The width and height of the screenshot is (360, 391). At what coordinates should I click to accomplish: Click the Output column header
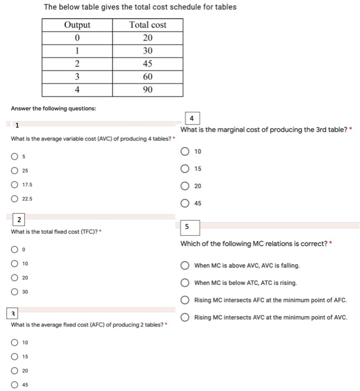tap(77, 25)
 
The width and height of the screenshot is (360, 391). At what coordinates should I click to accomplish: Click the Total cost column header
tap(148, 25)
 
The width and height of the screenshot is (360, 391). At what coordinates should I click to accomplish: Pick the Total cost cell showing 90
tap(148, 89)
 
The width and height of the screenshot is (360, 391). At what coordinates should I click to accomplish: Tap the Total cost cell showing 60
tap(148, 76)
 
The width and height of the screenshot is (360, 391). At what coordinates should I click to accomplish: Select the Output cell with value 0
tap(77, 38)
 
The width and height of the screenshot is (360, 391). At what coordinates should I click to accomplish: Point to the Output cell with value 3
tap(77, 76)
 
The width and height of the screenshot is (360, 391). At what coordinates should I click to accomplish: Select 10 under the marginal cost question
tap(185, 152)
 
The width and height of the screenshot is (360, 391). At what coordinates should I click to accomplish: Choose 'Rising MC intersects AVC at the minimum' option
tap(185, 317)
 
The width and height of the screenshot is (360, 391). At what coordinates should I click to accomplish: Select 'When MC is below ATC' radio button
tap(185, 283)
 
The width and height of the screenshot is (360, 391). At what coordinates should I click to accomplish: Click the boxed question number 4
tap(192, 118)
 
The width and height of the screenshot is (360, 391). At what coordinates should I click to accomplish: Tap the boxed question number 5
tap(187, 227)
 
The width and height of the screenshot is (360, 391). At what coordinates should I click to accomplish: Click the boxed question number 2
tap(20, 220)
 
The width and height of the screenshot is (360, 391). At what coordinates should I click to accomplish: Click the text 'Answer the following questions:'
tap(53, 108)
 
